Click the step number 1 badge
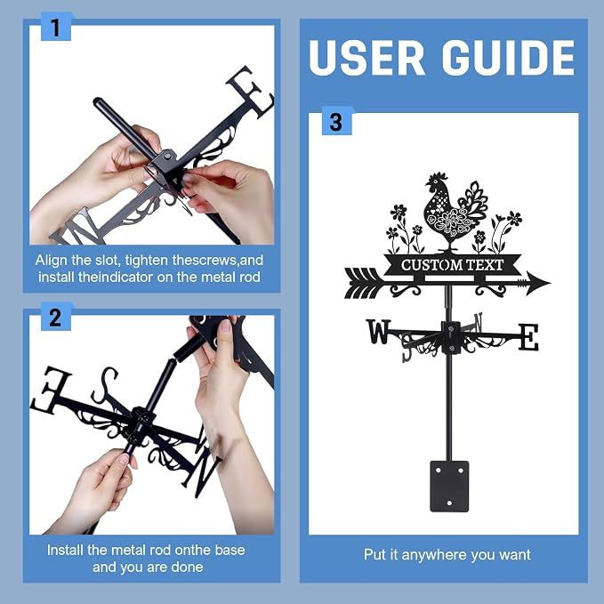pos(55,27)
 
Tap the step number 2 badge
pos(55,317)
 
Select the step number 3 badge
pos(336,121)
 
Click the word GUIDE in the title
pos(508,58)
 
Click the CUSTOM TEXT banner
pos(452,265)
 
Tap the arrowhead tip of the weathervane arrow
pos(551,283)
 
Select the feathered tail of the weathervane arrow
pos(364,283)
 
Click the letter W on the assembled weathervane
pos(378,331)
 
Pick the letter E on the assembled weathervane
pos(528,337)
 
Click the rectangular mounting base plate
pos(449,486)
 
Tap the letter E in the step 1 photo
pos(250,93)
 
